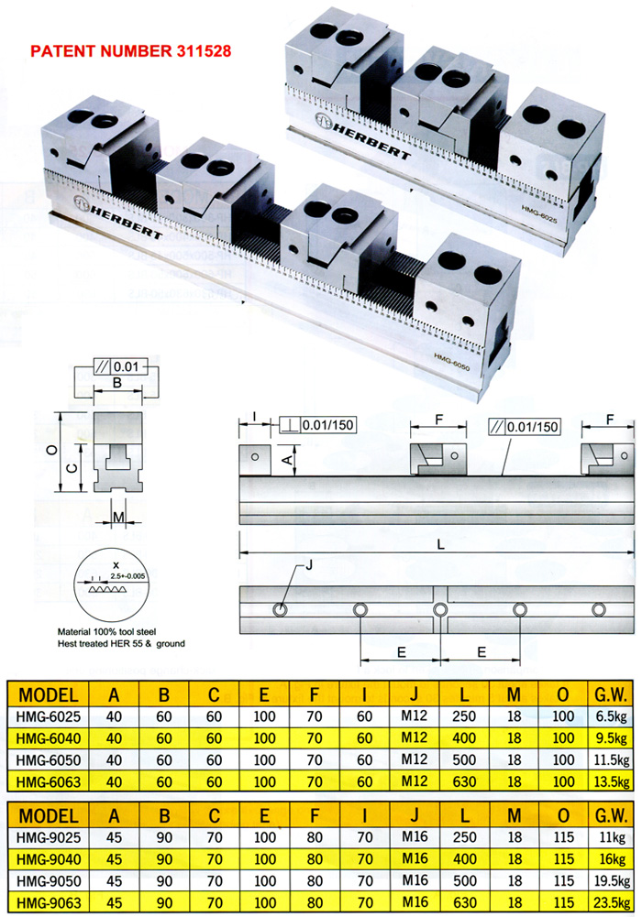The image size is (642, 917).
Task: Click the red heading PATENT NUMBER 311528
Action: (130, 51)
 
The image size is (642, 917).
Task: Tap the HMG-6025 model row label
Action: (48, 716)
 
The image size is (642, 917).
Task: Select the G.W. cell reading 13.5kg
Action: (612, 782)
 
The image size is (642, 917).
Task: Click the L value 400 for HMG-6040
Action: (463, 738)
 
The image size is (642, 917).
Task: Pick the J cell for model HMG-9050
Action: (415, 880)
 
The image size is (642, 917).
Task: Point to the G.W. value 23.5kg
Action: (612, 903)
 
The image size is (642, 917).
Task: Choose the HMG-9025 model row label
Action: (48, 837)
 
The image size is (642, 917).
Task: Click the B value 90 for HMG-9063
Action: (164, 903)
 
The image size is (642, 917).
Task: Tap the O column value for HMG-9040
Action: (563, 859)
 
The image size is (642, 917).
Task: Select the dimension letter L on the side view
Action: (440, 544)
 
